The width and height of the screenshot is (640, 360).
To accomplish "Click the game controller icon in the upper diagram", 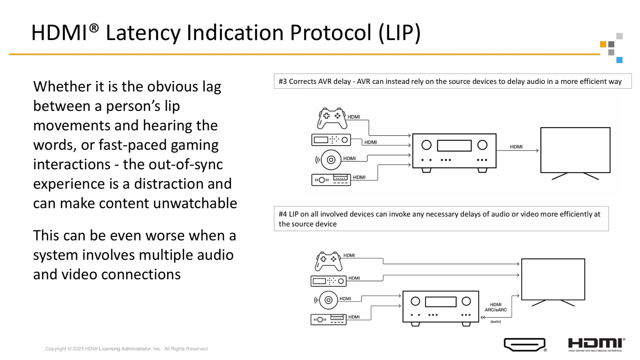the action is click(332, 118).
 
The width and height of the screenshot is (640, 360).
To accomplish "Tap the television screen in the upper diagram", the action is click(575, 150).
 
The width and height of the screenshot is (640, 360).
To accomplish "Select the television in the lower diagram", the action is click(553, 282).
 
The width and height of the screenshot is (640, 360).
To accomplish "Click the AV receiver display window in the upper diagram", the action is click(454, 146).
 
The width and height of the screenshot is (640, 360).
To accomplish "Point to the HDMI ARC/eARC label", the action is click(496, 307).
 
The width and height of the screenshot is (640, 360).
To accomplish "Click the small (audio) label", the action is click(496, 322).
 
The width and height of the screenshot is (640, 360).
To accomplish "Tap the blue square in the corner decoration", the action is click(619, 60).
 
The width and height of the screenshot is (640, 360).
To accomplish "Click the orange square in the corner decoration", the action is click(603, 44).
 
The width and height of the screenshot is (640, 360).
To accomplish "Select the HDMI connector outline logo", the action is click(525, 345).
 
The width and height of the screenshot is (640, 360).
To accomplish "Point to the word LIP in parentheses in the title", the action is click(400, 33).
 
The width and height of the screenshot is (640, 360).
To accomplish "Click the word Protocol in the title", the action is click(330, 33).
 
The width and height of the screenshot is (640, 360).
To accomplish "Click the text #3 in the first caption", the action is click(283, 81).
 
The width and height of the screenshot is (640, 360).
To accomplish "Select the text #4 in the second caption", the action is click(283, 214).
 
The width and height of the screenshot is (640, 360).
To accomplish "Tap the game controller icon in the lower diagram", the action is click(329, 261).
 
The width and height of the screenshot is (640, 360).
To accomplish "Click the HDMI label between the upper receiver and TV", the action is click(516, 147).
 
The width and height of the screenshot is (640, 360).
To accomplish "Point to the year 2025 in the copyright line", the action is click(78, 349).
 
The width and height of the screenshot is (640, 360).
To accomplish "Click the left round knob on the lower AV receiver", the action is click(415, 301).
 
